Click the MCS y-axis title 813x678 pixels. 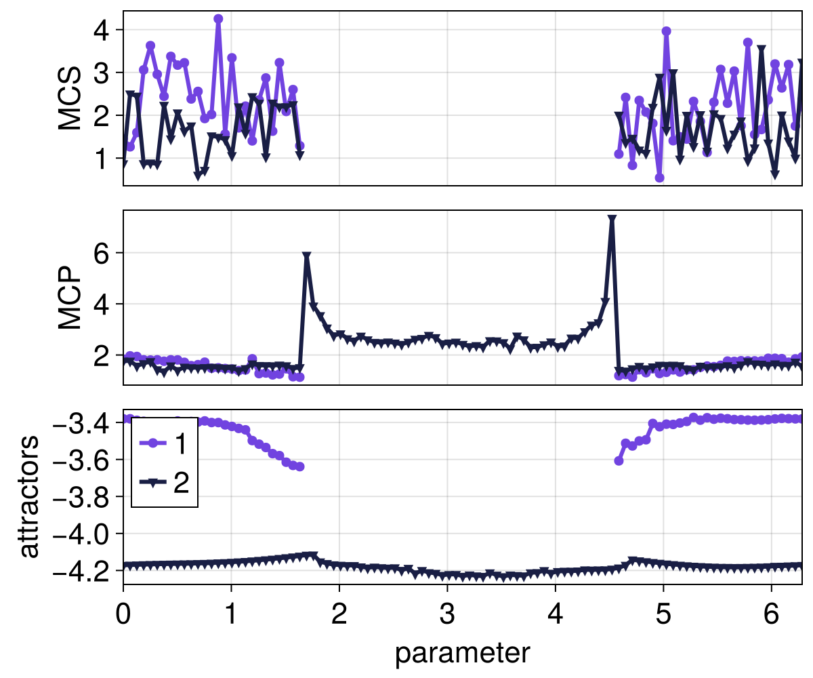70,98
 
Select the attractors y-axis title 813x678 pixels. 28,497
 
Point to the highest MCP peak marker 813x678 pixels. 612,220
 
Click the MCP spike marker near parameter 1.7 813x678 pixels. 307,256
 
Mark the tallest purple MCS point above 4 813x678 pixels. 218,19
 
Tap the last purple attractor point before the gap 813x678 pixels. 299,466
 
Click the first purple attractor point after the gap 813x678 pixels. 619,460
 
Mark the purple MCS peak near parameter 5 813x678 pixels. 666,31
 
